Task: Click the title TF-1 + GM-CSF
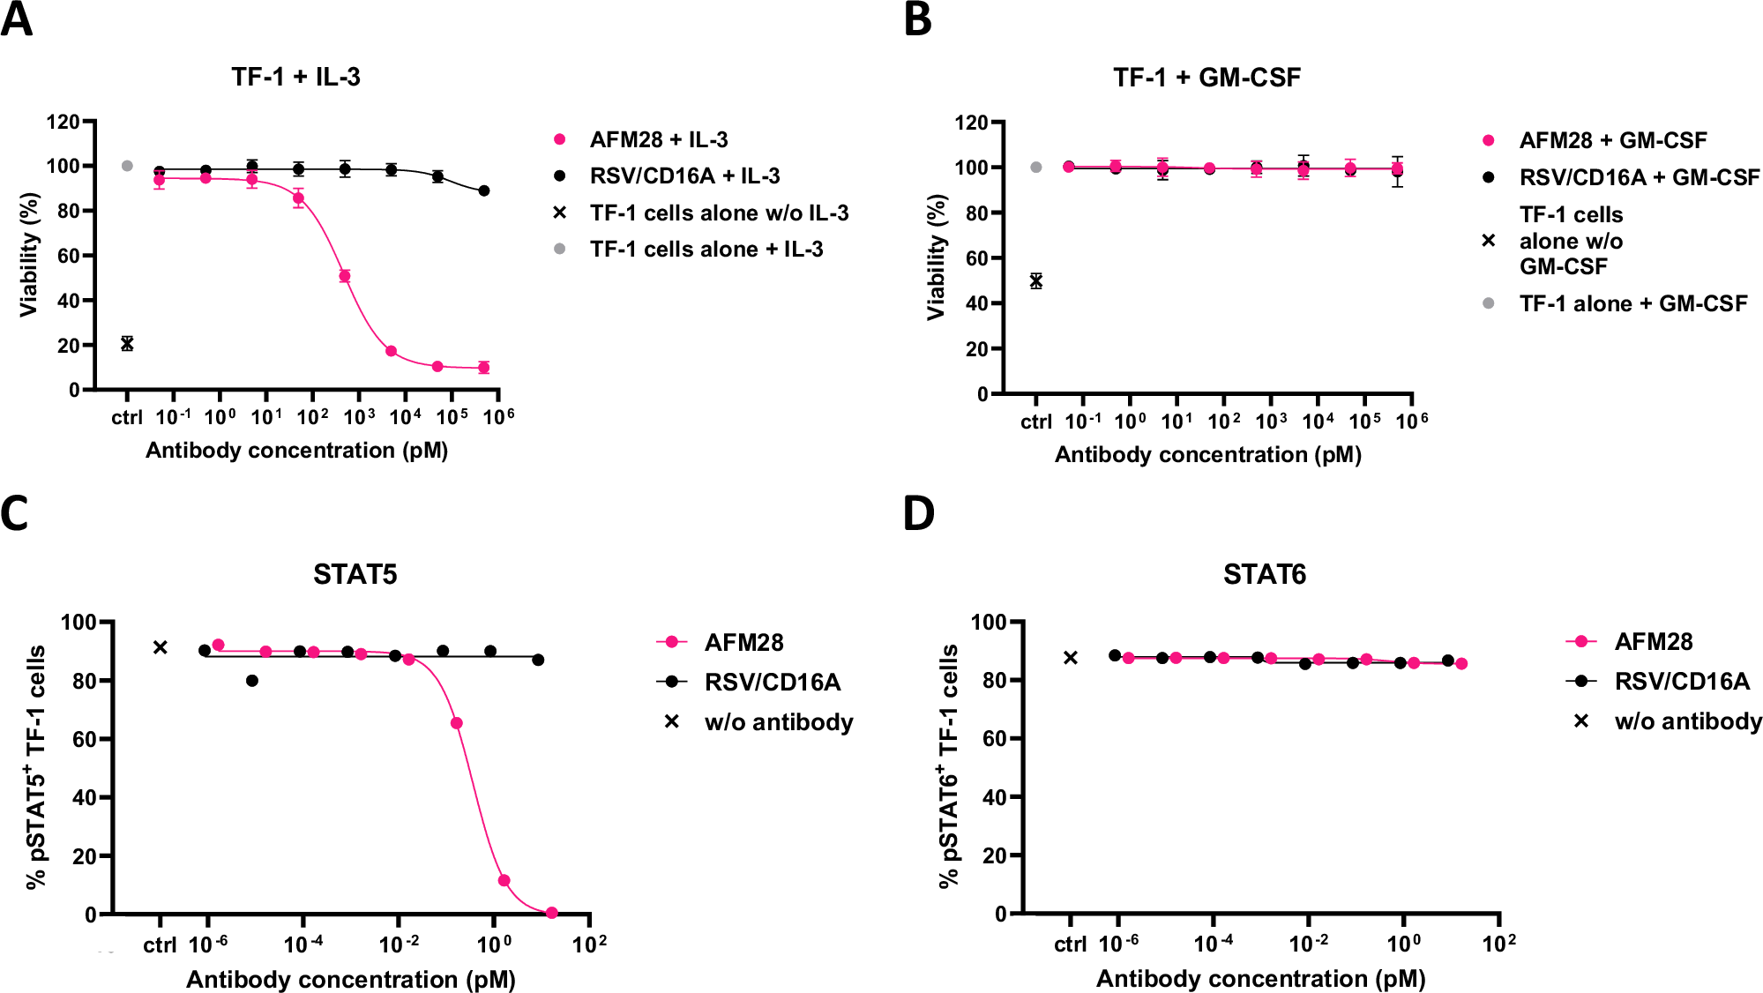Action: (x=1206, y=78)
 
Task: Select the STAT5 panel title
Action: (x=355, y=574)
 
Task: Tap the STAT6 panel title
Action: (x=1264, y=574)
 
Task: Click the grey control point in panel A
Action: (x=127, y=166)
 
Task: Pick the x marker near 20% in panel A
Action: (x=127, y=344)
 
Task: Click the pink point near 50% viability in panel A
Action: (x=345, y=276)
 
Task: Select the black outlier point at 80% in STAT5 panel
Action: (x=252, y=681)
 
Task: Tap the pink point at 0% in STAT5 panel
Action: (x=552, y=913)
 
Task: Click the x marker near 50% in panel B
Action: (x=1036, y=281)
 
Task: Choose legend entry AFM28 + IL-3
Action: (x=658, y=139)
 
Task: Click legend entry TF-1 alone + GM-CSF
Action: (x=1632, y=303)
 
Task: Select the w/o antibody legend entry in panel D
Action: (x=1687, y=721)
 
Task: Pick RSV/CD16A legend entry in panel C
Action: (x=772, y=682)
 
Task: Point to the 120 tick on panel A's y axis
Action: (x=63, y=122)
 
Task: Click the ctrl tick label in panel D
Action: (x=1070, y=944)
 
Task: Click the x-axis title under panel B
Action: (x=1207, y=455)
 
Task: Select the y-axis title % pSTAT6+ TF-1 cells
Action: (x=948, y=765)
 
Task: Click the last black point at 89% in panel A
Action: (x=483, y=190)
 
